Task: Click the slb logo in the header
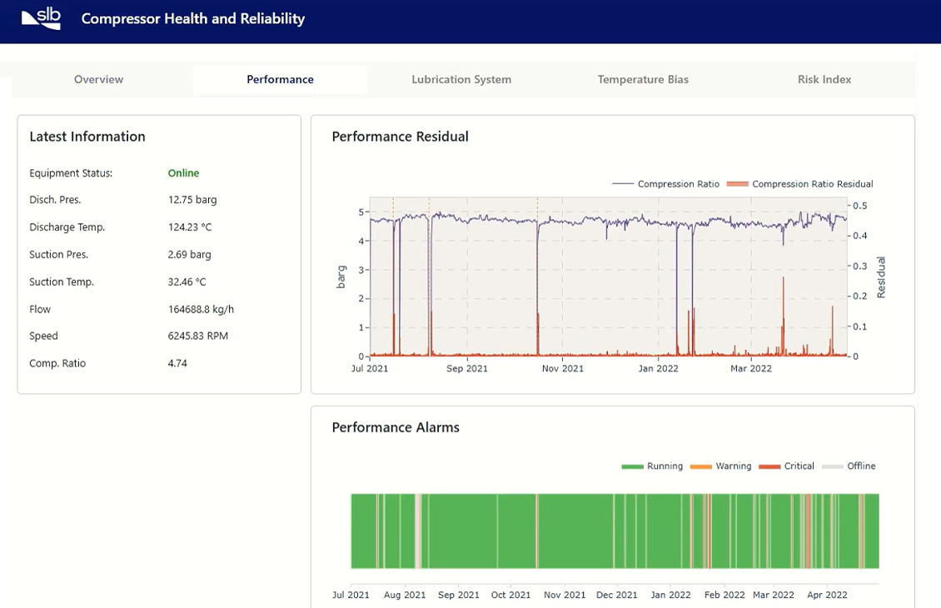pos(41,18)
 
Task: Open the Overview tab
pos(98,79)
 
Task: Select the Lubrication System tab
pos(461,79)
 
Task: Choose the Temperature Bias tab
pos(643,79)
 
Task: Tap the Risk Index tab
pos(824,79)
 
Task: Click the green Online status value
pos(183,173)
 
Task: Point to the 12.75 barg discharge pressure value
pos(192,200)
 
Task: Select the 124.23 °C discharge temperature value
pos(195,227)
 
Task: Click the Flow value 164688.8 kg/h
pos(201,309)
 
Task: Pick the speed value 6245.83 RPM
pos(197,336)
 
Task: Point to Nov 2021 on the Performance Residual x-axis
pos(563,368)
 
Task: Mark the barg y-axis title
pos(341,277)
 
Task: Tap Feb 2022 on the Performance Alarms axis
pos(724,595)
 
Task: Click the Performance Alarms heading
pos(396,427)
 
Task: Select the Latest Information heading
pos(87,137)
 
